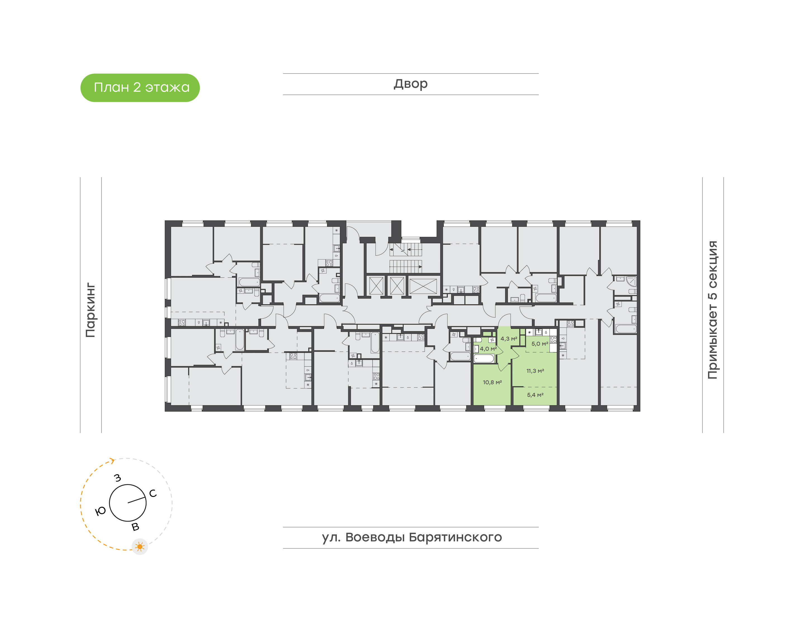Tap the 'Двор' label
point(410,84)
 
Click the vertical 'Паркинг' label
point(91,310)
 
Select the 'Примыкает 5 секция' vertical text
point(712,310)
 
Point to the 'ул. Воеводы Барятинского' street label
point(411,537)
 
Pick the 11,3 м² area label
point(535,371)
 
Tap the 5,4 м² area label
point(535,395)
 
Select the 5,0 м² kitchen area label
point(539,344)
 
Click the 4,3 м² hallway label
point(508,339)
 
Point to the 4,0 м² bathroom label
point(488,348)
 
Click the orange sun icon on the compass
point(140,546)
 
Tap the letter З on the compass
point(118,478)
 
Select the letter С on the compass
point(153,493)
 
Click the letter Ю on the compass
point(101,511)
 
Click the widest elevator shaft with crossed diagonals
point(423,286)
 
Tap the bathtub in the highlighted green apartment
point(484,359)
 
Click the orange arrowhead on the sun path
point(112,460)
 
